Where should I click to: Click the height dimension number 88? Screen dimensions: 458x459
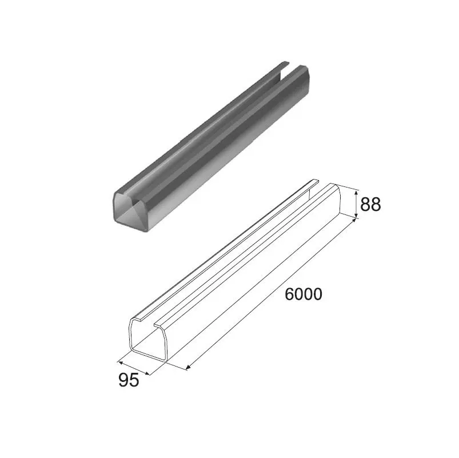(371, 204)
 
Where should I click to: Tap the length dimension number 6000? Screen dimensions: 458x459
(304, 294)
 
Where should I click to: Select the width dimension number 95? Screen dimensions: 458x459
(129, 380)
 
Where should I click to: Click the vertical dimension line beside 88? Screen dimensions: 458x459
(357, 204)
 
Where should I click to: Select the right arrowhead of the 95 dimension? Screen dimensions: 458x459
(147, 373)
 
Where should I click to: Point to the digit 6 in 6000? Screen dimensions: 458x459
(289, 294)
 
